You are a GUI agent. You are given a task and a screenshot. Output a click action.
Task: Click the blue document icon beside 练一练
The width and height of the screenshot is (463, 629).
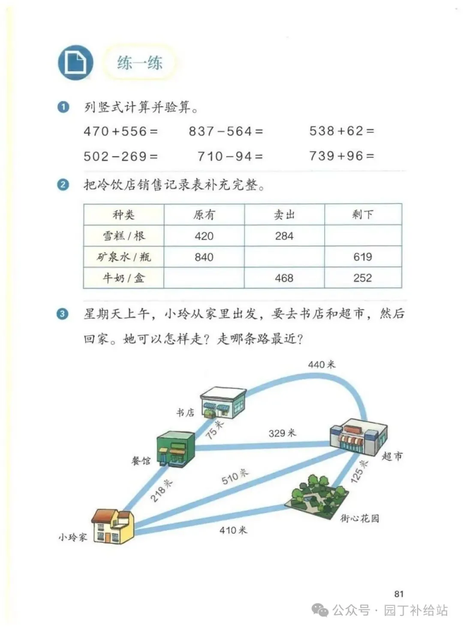click(x=75, y=63)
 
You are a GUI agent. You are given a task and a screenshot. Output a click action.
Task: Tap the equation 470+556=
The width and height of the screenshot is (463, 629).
click(x=120, y=131)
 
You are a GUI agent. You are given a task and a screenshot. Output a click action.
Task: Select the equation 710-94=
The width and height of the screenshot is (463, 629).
click(x=230, y=156)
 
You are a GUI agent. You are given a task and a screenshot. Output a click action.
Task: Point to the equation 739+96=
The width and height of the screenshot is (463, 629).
click(x=342, y=156)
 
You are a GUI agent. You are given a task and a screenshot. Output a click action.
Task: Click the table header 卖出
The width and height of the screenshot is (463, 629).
click(x=284, y=215)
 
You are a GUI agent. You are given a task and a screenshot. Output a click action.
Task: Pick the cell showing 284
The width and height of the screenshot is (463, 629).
click(x=284, y=236)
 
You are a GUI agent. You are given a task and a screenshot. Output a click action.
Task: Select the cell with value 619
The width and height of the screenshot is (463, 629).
click(x=363, y=257)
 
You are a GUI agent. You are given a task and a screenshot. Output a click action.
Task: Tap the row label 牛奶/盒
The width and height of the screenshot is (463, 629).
click(x=123, y=278)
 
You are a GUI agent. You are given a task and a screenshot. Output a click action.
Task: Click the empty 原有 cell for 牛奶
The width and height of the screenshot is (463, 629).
click(x=204, y=278)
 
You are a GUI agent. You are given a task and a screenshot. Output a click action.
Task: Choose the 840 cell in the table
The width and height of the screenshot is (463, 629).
click(x=204, y=257)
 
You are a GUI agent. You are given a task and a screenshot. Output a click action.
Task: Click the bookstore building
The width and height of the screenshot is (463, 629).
click(x=223, y=403)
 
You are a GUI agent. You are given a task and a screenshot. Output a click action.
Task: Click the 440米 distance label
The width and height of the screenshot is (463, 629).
click(x=322, y=365)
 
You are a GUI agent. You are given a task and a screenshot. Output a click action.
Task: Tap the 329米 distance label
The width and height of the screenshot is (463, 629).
click(x=282, y=433)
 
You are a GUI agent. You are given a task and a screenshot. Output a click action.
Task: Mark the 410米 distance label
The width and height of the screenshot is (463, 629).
click(x=233, y=530)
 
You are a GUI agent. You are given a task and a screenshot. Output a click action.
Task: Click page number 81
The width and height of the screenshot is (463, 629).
click(x=399, y=594)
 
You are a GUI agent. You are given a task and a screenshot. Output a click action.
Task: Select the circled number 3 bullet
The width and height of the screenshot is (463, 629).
click(x=63, y=314)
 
